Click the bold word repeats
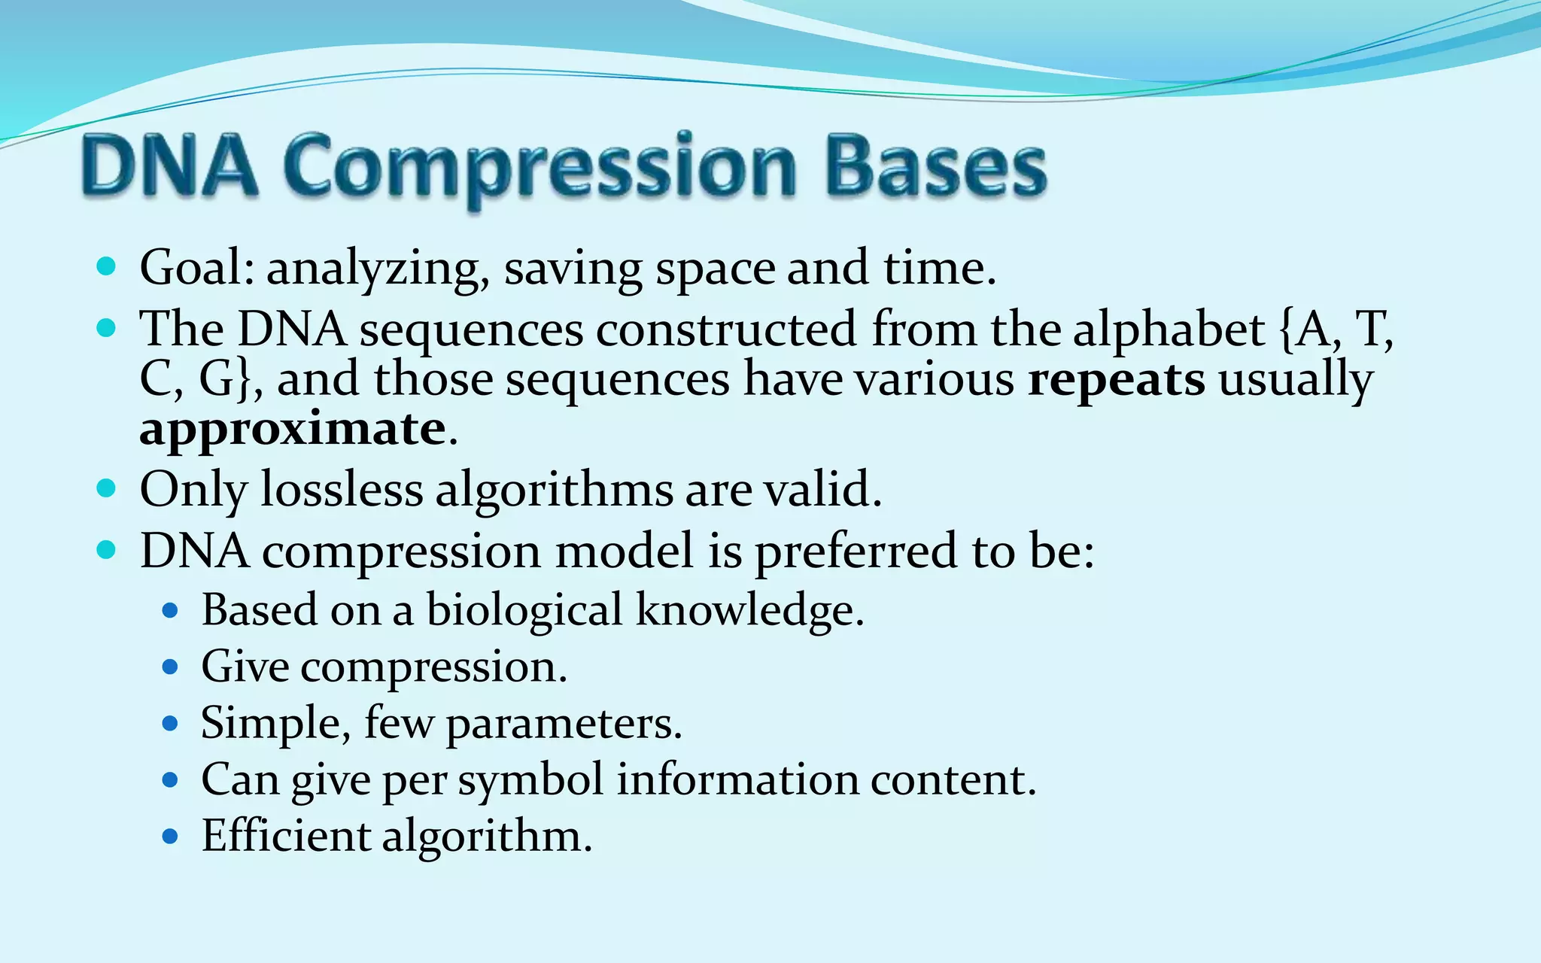(x=1116, y=380)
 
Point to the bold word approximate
(x=293, y=430)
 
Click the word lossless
(x=342, y=490)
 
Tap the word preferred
(x=856, y=551)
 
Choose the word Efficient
(x=286, y=836)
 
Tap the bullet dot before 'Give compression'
(x=170, y=667)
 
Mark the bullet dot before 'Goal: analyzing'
(x=107, y=267)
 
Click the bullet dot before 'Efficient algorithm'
(x=170, y=836)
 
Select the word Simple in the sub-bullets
(x=275, y=724)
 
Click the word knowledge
(x=749, y=609)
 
